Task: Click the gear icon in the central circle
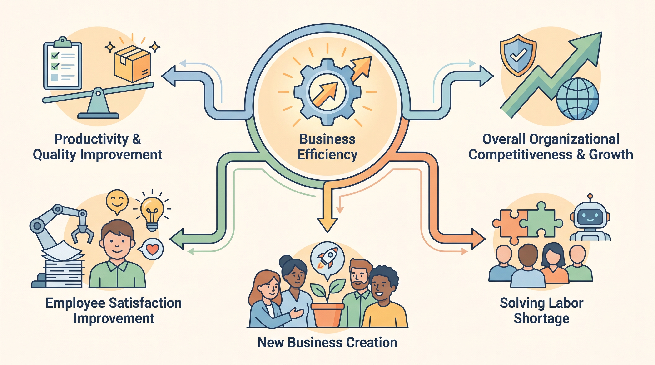327,92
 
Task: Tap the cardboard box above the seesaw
133,64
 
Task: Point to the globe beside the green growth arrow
578,99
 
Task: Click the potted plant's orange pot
327,315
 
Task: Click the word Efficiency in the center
327,155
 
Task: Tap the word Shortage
542,319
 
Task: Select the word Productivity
92,139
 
